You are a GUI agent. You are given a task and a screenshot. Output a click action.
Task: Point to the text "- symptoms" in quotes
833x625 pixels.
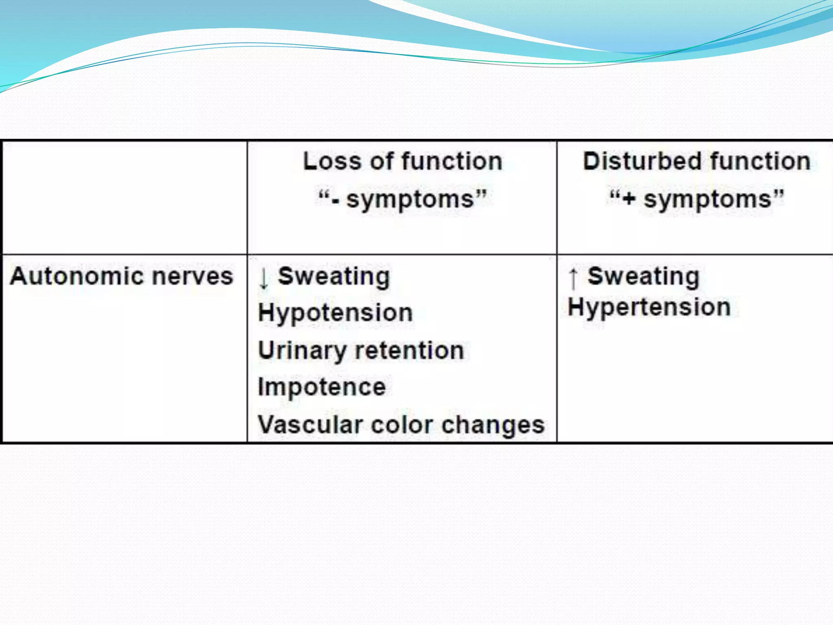403,199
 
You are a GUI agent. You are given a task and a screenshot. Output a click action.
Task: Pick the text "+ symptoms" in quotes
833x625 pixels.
696,199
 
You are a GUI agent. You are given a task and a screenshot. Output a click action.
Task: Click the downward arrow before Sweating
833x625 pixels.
264,278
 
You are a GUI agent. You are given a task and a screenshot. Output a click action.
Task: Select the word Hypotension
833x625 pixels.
336,313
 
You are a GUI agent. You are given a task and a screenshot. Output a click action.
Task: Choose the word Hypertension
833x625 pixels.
649,307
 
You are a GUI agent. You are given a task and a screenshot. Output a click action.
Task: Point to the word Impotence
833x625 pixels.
322,387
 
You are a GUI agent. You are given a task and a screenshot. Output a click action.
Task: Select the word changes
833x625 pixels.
493,425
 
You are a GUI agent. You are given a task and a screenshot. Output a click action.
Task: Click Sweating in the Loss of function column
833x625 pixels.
334,277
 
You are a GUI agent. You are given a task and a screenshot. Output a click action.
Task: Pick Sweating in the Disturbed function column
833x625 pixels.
643,277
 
